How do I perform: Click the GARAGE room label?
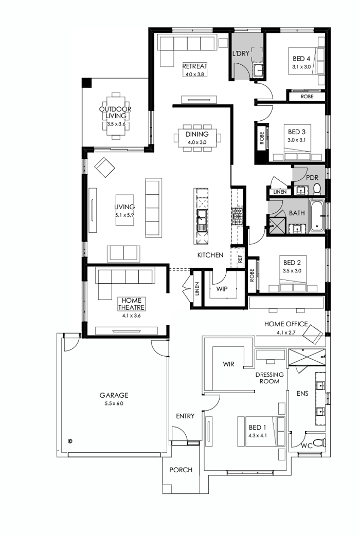point(114,395)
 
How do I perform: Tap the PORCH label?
point(181,470)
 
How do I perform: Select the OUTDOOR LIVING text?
point(115,113)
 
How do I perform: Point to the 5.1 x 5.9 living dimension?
point(124,215)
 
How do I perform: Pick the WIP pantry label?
point(222,289)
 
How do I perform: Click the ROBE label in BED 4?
point(307,96)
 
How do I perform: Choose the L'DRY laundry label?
point(241,53)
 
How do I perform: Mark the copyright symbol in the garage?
point(70,440)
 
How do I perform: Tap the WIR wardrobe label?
point(228,364)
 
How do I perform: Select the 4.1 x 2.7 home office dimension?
point(286,332)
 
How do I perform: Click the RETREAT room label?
point(195,66)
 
